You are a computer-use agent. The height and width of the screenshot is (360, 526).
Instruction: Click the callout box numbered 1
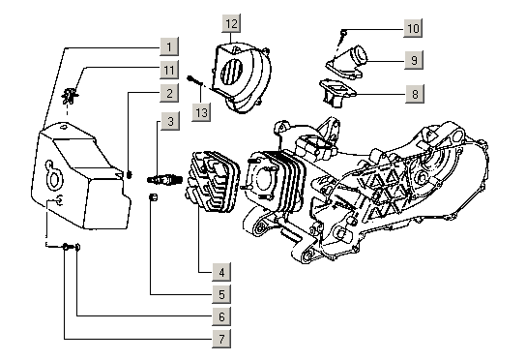click(x=169, y=46)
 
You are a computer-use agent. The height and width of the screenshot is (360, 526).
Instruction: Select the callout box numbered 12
click(x=231, y=23)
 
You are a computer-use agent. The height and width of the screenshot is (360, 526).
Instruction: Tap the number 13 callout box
click(x=201, y=112)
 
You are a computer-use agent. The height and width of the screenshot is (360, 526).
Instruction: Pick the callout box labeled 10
click(x=413, y=28)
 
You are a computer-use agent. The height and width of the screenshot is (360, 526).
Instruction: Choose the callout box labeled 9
click(x=414, y=60)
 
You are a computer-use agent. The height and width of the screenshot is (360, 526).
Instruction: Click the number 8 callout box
click(x=415, y=94)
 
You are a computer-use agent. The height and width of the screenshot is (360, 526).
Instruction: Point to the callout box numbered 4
click(x=221, y=272)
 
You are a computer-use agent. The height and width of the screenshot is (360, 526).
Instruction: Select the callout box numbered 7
click(x=221, y=339)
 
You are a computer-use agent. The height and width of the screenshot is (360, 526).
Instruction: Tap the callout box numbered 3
click(x=170, y=121)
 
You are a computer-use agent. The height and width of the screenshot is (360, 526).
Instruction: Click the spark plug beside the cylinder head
click(x=164, y=180)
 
